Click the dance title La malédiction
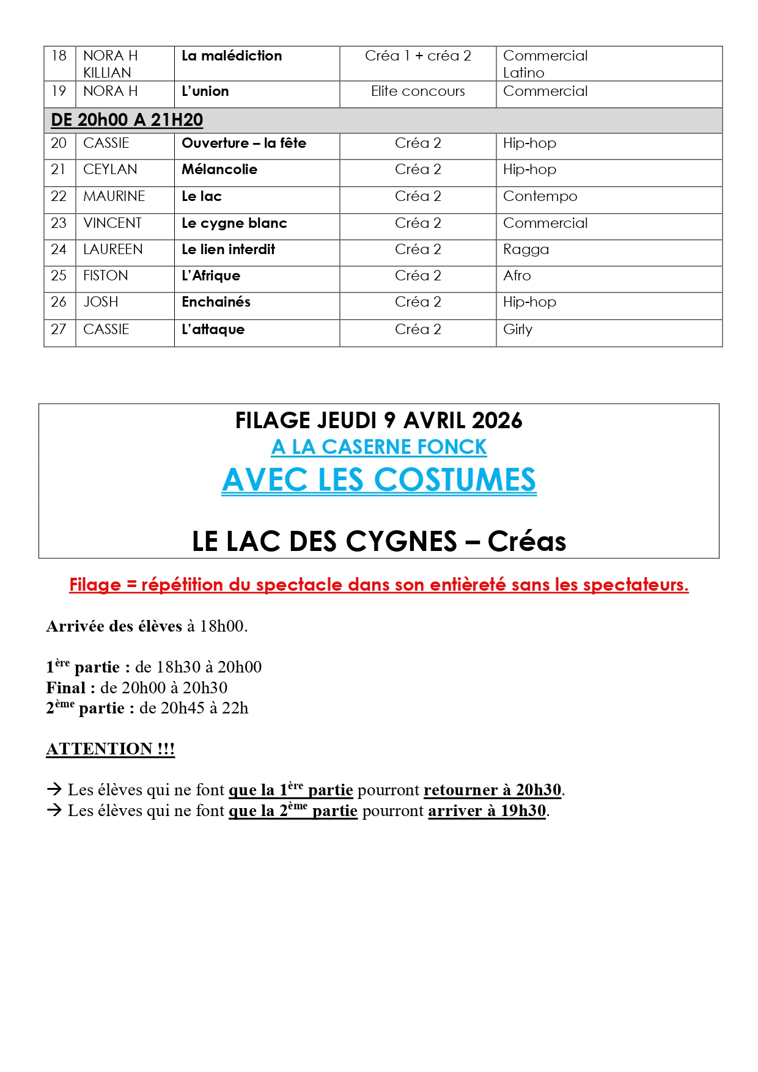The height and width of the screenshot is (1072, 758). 232,56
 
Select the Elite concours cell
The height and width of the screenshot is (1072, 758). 418,92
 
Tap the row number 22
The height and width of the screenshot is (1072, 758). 59,197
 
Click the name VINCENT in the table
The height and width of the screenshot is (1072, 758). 112,224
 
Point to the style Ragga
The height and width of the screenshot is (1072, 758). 526,250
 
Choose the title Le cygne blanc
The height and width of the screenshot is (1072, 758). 234,224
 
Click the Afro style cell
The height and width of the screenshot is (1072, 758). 517,276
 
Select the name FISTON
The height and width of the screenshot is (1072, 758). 106,276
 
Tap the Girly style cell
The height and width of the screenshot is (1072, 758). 518,330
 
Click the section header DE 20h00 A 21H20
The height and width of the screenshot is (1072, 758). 127,120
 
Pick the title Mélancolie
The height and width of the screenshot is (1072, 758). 219,170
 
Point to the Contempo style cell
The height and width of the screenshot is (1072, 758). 540,197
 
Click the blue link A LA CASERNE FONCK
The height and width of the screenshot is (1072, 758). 379,447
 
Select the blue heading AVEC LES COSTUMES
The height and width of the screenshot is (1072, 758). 379,480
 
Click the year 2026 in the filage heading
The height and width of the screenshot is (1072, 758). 497,421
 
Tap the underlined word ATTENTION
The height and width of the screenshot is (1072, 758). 100,749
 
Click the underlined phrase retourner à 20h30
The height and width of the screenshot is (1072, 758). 492,790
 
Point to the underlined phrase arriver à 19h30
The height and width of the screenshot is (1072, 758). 487,811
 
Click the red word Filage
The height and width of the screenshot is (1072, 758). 95,585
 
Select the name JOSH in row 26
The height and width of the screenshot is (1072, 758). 101,302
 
